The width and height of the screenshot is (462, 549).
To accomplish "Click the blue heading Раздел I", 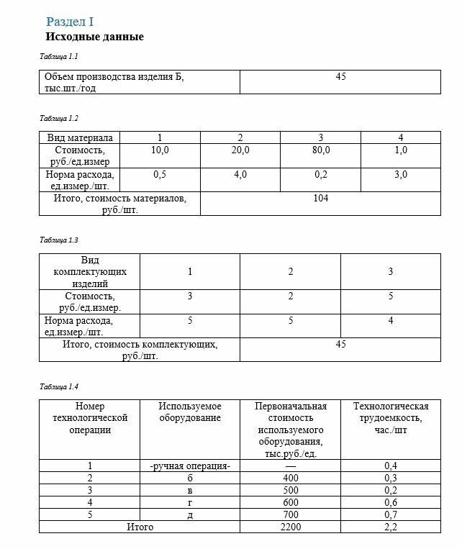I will (x=71, y=22).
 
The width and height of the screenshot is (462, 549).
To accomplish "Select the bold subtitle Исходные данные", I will (x=94, y=37).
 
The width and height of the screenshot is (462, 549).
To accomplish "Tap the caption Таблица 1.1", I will (x=58, y=56).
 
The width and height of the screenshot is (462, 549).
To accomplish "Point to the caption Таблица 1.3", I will (x=58, y=240).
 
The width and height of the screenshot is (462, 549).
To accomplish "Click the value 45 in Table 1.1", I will (x=340, y=76).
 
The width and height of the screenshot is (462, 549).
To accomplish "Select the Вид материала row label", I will (x=80, y=137).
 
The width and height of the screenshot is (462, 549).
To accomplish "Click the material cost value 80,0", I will (x=321, y=150).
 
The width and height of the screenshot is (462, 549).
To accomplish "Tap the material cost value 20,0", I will (x=240, y=150).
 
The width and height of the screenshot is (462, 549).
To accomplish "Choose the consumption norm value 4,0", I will (x=240, y=174).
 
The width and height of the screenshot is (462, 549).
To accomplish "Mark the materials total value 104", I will (x=321, y=198).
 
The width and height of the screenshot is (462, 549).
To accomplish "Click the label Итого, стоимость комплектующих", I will (x=140, y=350).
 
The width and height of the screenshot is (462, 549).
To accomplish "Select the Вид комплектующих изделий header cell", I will (x=90, y=272).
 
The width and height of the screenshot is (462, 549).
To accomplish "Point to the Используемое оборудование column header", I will (x=190, y=412).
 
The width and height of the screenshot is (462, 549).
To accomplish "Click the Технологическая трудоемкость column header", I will (x=391, y=412).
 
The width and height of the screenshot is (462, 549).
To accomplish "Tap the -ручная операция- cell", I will (x=190, y=466).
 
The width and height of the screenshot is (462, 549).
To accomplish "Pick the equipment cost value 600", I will (x=291, y=502).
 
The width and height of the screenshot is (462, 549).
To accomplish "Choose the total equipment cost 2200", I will (x=291, y=527).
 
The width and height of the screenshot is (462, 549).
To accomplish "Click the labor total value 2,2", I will (x=391, y=527).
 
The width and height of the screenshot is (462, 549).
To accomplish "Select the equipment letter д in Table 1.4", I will (x=190, y=515).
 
